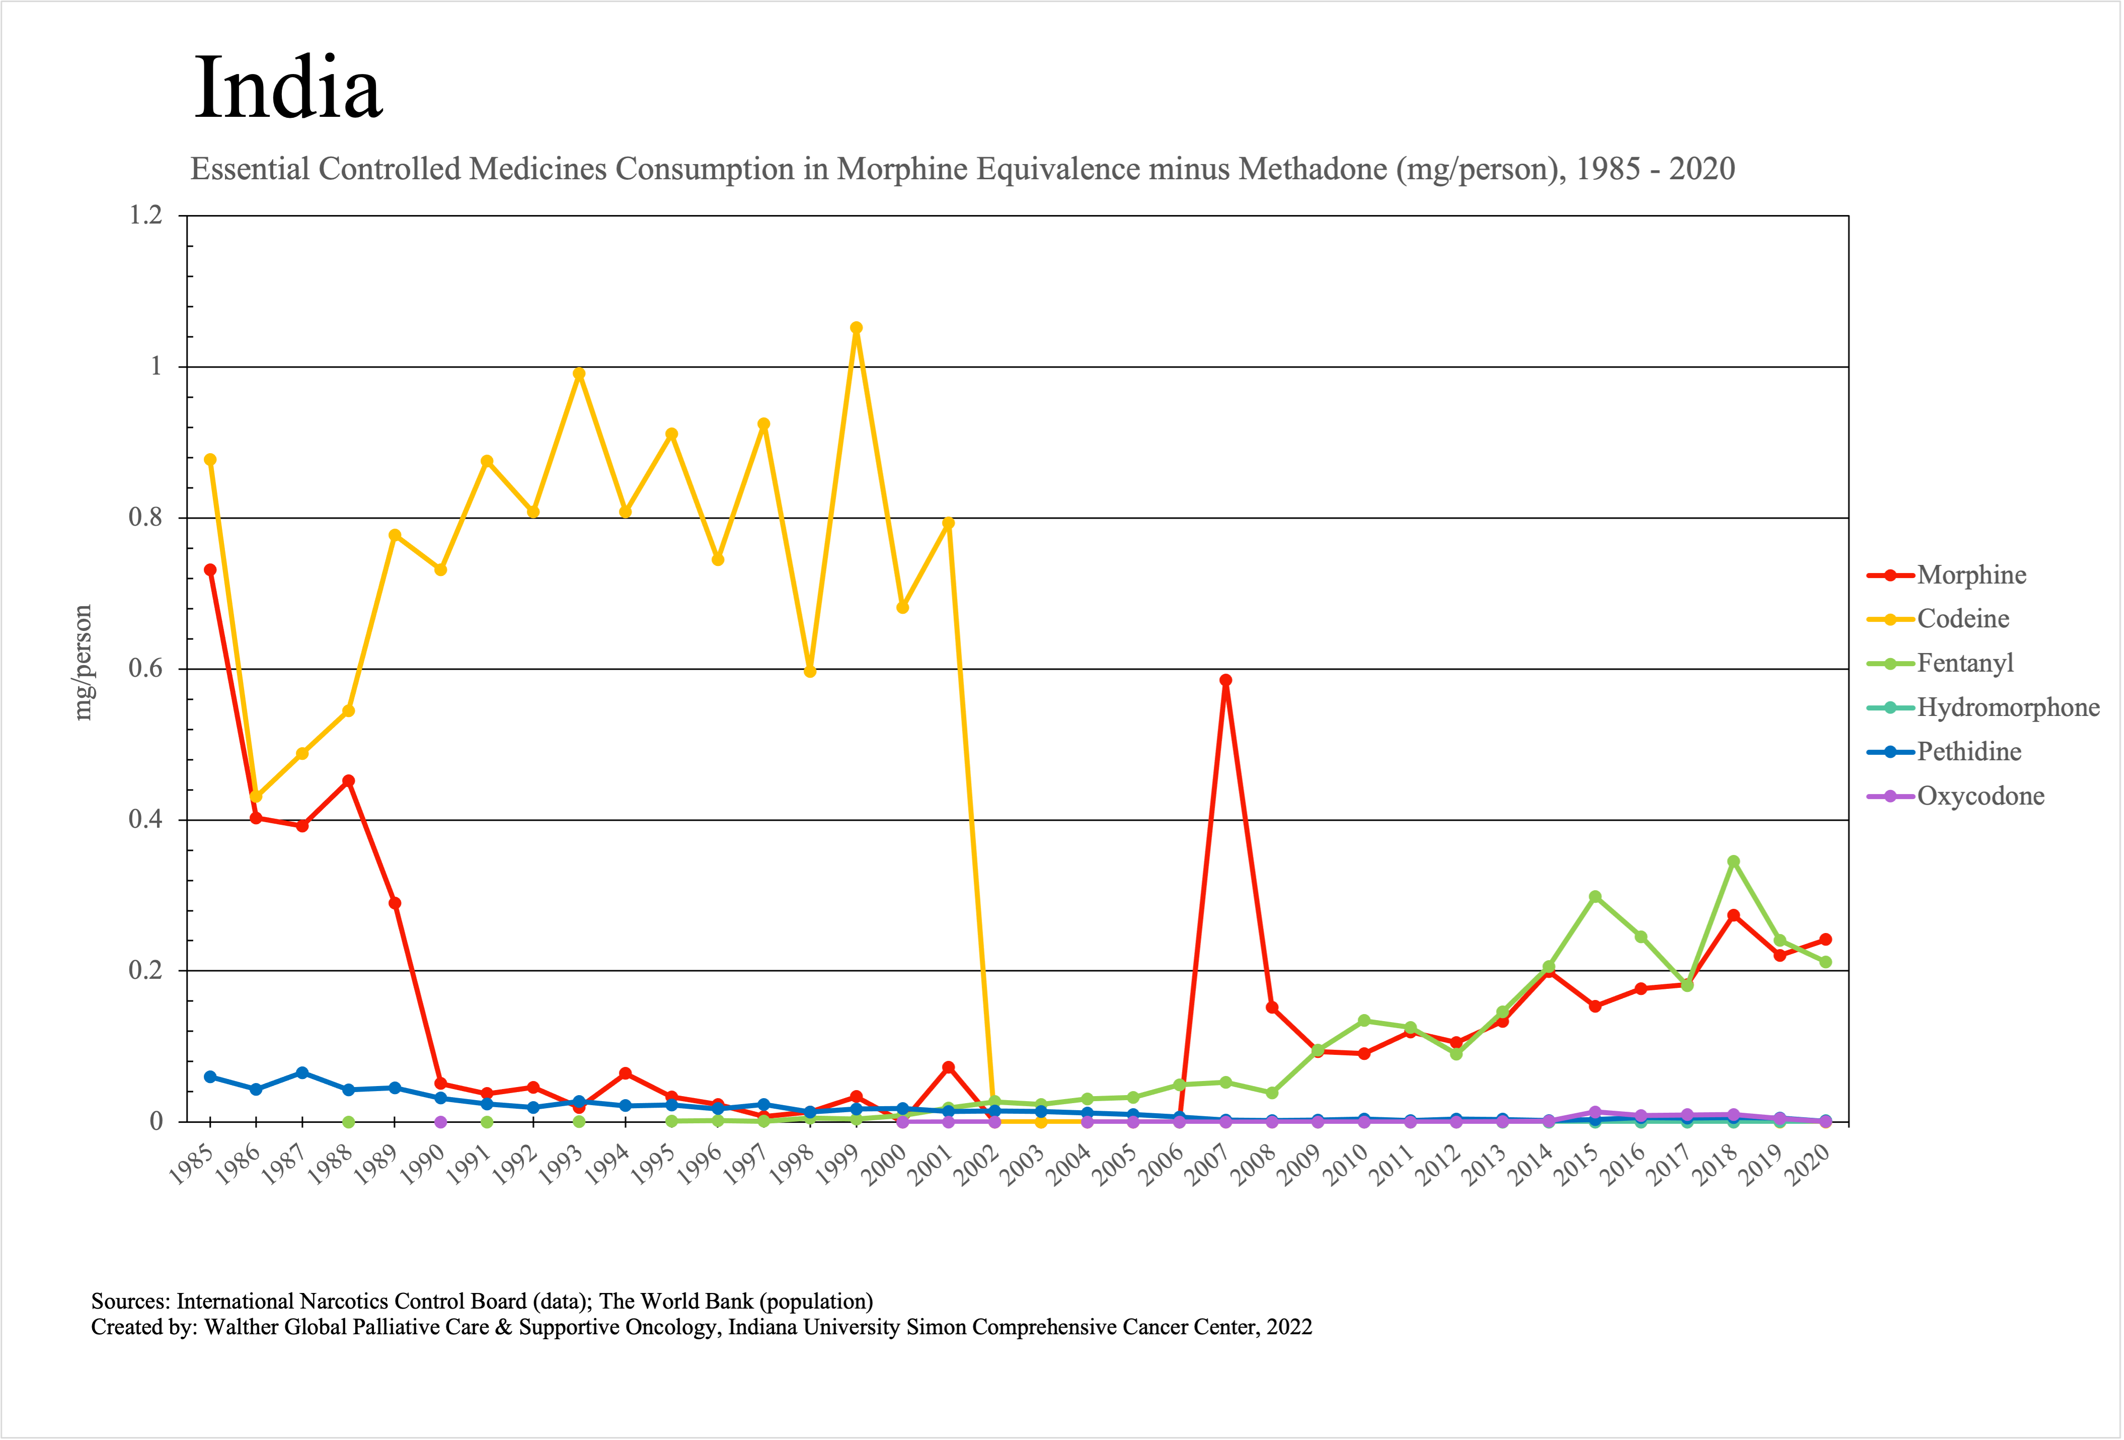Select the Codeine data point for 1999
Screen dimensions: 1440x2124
(x=856, y=328)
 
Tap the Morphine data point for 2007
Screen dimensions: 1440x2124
(x=1226, y=680)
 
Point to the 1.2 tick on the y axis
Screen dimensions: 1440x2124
(x=145, y=216)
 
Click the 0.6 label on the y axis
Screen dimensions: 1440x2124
(x=145, y=668)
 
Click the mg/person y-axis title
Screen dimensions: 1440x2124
(x=83, y=663)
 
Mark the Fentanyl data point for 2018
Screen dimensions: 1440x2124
(x=1733, y=862)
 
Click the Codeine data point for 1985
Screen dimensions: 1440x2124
(x=210, y=460)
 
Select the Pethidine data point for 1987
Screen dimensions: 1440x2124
(x=302, y=1072)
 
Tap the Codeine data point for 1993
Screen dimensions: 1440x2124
(x=579, y=374)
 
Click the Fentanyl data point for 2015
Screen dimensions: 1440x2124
(x=1595, y=897)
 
